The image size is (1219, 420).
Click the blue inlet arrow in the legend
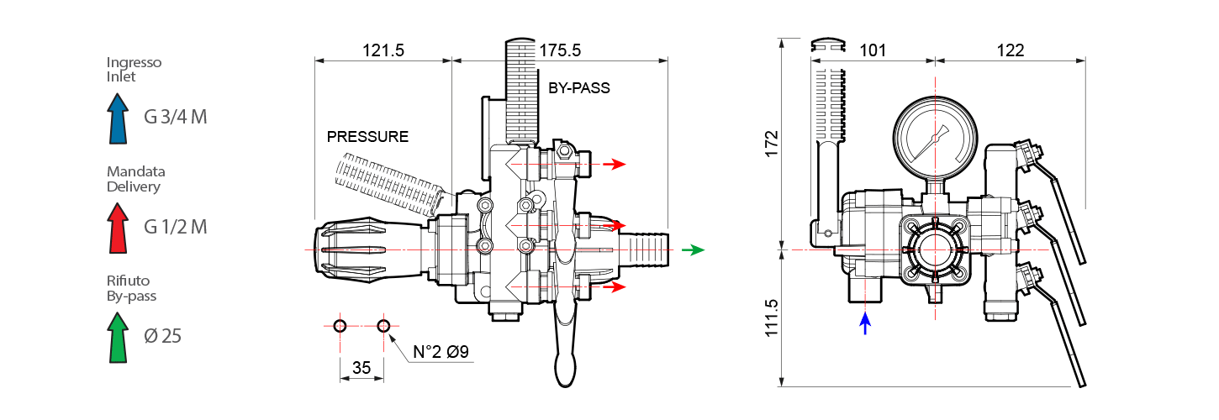coord(118,118)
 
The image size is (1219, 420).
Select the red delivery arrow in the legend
coord(118,228)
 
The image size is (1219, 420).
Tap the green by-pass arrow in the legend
coord(118,338)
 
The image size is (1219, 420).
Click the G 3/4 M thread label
coord(175,117)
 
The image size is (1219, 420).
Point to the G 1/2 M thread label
coord(175,227)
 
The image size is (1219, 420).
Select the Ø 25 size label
coord(163,336)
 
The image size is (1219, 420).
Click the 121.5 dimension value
coord(383,50)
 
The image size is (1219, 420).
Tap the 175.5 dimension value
coord(560,50)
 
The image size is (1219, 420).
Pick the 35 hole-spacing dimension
coord(361,368)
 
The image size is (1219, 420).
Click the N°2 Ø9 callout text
coord(441,352)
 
